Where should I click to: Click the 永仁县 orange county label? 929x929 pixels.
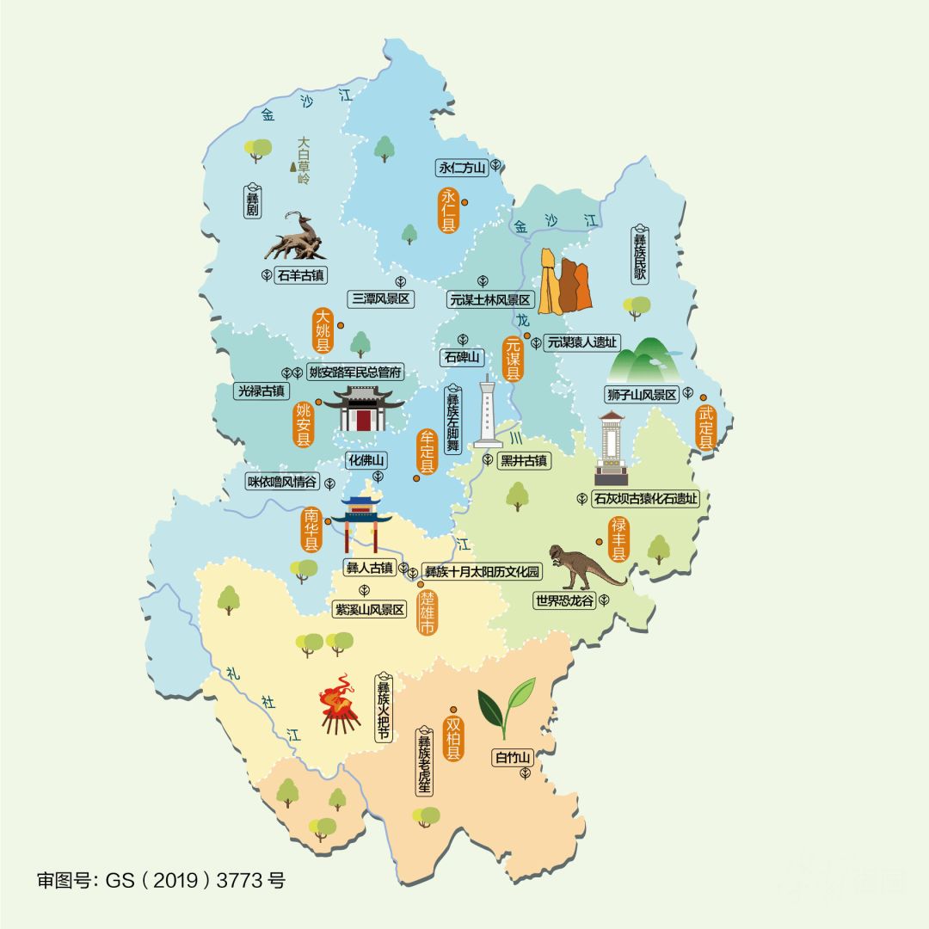[448, 209]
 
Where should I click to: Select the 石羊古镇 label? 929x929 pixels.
[301, 276]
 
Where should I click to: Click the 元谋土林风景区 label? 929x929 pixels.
[491, 300]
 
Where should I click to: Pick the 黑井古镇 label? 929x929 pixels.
[524, 460]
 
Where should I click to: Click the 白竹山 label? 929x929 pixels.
[513, 758]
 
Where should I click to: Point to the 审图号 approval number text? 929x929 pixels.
[161, 880]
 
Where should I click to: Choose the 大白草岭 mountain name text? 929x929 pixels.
[303, 161]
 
